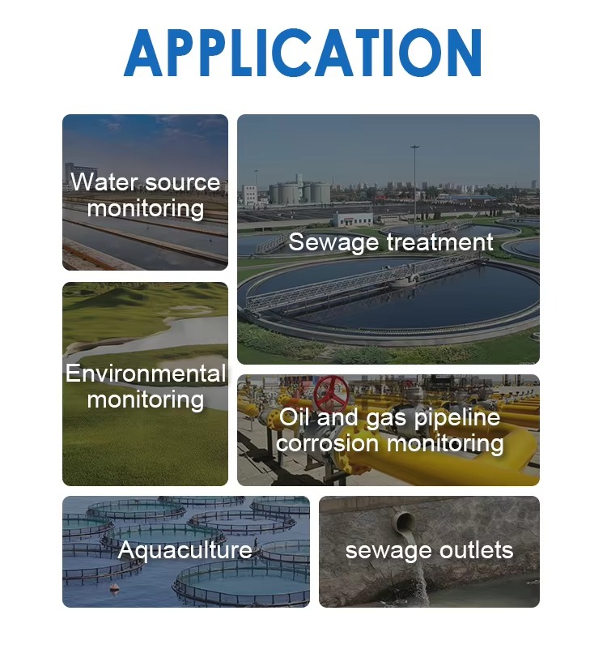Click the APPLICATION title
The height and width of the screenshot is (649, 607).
(x=303, y=53)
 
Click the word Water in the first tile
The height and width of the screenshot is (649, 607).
(x=103, y=181)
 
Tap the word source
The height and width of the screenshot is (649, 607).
(x=183, y=183)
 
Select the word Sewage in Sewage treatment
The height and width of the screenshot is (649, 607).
(x=333, y=242)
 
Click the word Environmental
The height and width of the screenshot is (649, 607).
(x=146, y=374)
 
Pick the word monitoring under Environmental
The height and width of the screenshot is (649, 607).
(x=146, y=400)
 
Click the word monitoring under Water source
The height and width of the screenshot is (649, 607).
(x=146, y=208)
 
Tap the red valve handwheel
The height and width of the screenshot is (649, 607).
(x=331, y=392)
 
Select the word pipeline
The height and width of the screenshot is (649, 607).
(x=457, y=418)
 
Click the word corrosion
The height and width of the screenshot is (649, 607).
(x=327, y=444)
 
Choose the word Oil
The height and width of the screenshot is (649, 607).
(x=294, y=416)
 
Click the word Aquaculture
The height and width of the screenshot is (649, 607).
(x=185, y=551)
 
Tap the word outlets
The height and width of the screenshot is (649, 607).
(x=477, y=550)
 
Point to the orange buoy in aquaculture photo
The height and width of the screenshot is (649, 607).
(x=114, y=587)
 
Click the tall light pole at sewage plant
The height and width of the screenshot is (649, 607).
(x=414, y=185)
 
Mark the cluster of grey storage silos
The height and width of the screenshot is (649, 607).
(x=299, y=192)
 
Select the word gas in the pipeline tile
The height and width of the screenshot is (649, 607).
(x=386, y=419)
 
